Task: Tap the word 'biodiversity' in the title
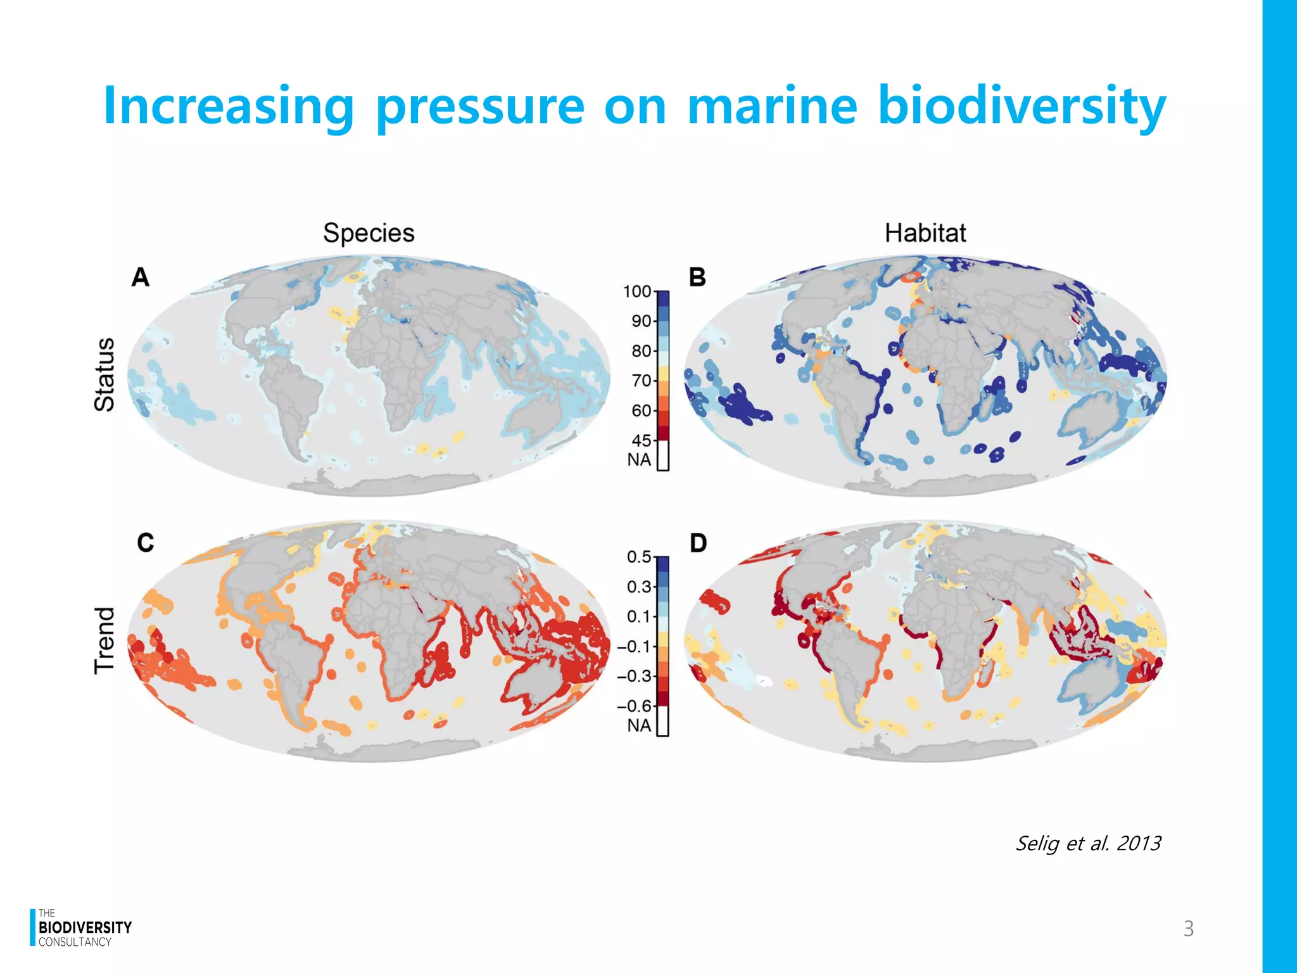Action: [x=1021, y=106]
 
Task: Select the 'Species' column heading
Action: [x=369, y=232]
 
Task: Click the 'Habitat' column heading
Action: [x=925, y=232]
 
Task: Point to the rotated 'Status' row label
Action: [x=104, y=374]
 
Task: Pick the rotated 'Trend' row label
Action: [x=104, y=640]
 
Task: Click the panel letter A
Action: [x=141, y=277]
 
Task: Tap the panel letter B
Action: [x=697, y=277]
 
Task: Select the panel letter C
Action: [x=145, y=543]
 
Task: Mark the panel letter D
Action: [x=698, y=543]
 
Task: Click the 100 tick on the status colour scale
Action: [x=636, y=291]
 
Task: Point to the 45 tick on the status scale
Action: [x=641, y=440]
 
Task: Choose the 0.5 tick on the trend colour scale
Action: [x=638, y=557]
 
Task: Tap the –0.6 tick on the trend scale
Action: [x=634, y=706]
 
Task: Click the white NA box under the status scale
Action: [x=662, y=456]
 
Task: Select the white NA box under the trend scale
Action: [x=662, y=722]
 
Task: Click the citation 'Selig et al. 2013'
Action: [x=1087, y=843]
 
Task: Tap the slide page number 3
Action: [x=1188, y=929]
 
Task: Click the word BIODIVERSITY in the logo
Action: [x=85, y=927]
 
